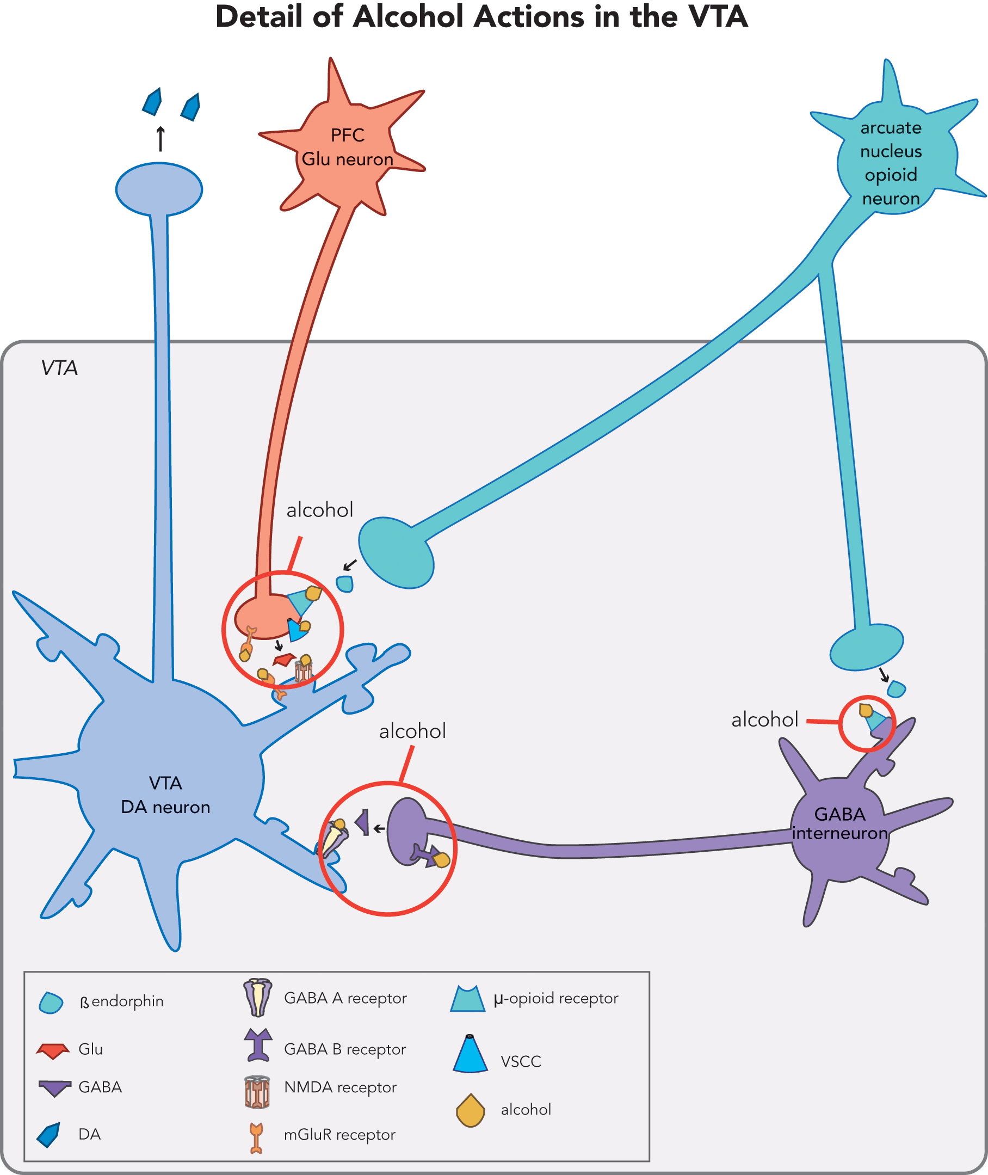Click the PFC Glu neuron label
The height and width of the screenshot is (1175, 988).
click(x=347, y=147)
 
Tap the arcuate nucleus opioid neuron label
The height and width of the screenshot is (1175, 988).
click(x=891, y=163)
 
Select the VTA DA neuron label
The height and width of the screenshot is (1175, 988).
click(x=165, y=795)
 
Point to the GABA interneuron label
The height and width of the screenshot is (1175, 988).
click(x=839, y=823)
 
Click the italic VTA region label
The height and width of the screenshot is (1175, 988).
click(x=59, y=368)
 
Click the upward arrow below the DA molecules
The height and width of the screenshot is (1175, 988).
click(x=160, y=139)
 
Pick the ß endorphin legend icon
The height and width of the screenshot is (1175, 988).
click(x=51, y=1002)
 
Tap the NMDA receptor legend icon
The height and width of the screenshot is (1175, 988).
click(x=257, y=1092)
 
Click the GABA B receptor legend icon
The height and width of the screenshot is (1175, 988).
click(x=258, y=1045)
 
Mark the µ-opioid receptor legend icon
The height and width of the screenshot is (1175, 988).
click(x=468, y=999)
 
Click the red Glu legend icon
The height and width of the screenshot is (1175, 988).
click(x=53, y=1050)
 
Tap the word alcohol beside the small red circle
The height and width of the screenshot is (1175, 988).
click(x=764, y=720)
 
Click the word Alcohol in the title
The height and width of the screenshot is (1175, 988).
click(x=412, y=17)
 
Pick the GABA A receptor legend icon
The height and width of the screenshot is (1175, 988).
click(x=258, y=998)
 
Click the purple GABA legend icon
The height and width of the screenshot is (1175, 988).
click(x=54, y=1087)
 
